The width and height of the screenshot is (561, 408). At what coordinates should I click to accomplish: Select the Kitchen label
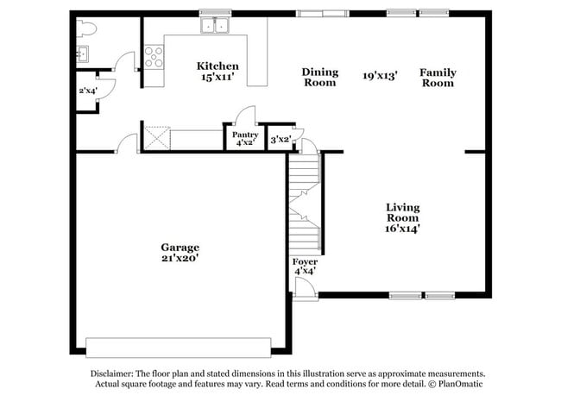[217, 66]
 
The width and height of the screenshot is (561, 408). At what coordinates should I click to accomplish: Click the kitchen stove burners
[154, 57]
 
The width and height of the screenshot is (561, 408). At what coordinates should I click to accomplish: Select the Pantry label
[244, 135]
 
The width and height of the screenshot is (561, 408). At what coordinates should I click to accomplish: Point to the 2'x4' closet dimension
[87, 91]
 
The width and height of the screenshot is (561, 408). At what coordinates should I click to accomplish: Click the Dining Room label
[319, 78]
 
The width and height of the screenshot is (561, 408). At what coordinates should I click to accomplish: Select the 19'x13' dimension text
[380, 76]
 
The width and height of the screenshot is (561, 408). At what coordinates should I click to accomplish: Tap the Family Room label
[438, 78]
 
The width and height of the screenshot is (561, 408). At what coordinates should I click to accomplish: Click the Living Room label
[402, 212]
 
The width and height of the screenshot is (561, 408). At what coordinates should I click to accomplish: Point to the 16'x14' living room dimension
[402, 229]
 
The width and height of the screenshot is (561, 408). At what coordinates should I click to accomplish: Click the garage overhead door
[185, 347]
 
